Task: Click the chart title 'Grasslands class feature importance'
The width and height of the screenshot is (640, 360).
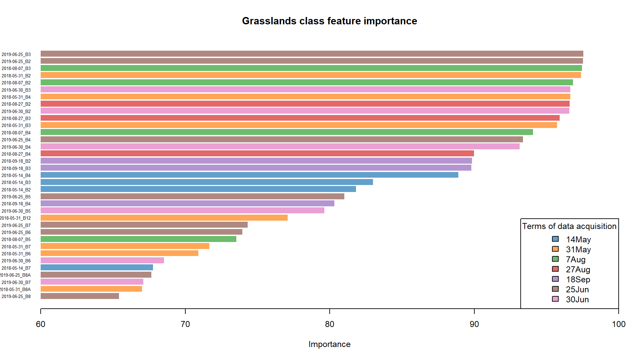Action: point(329,21)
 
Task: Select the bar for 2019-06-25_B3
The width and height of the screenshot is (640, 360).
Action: point(312,54)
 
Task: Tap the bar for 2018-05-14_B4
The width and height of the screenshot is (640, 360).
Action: point(249,175)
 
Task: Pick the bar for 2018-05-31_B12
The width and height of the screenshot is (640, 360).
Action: point(164,218)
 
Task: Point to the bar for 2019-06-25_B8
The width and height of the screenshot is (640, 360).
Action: point(80,296)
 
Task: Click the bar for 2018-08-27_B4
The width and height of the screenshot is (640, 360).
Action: point(257,153)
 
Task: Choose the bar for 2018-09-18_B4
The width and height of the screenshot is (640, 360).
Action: point(187,203)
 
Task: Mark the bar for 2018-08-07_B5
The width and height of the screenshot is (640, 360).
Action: point(138,239)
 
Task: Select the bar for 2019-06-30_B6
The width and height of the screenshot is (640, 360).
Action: point(102,260)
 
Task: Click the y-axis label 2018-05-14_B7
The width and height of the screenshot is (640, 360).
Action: point(16,268)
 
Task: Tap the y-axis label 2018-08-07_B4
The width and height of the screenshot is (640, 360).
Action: point(16,133)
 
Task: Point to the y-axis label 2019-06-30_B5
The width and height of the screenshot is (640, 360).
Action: point(16,211)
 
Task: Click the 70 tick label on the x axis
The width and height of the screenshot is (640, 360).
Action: point(185,324)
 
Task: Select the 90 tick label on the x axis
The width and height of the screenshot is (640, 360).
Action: point(474,324)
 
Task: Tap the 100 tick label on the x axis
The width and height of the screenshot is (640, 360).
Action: point(619,324)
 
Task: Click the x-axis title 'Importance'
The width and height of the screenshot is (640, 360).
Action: point(329,344)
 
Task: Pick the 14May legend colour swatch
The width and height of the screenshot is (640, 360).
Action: point(555,239)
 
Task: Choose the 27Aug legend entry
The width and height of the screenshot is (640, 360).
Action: point(578,269)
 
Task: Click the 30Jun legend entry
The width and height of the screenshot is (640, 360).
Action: point(577,299)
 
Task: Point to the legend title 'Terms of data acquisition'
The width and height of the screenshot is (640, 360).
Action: point(569,226)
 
